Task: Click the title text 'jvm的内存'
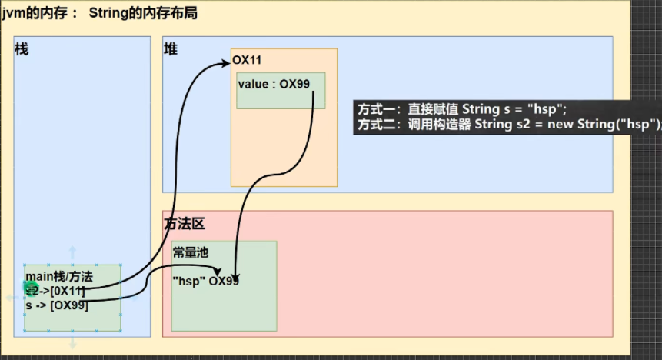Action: click(35, 13)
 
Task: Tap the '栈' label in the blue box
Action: click(22, 49)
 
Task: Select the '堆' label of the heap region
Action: click(170, 49)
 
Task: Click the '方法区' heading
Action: click(183, 224)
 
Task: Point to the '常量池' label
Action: click(189, 252)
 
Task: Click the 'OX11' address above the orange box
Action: click(248, 59)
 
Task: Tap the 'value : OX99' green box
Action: click(281, 90)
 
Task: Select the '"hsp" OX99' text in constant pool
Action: click(205, 281)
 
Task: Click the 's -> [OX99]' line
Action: click(56, 305)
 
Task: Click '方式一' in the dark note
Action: click(378, 109)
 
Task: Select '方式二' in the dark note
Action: click(378, 124)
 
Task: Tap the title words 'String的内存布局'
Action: click(144, 13)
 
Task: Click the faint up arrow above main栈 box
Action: click(72, 252)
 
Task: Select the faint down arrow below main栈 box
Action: click(72, 344)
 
